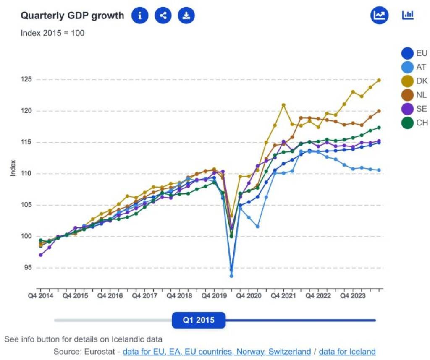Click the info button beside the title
[x=140, y=16]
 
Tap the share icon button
[x=163, y=16]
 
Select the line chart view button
[x=379, y=16]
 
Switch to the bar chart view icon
[x=408, y=16]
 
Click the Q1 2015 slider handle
[x=199, y=321]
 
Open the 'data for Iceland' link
[x=347, y=351]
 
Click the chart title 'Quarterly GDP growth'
[x=73, y=16]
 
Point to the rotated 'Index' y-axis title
[x=13, y=168]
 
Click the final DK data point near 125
[x=379, y=80]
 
